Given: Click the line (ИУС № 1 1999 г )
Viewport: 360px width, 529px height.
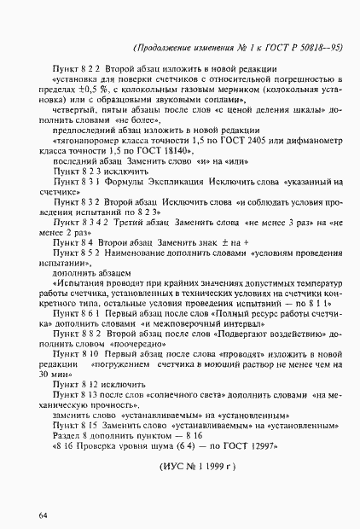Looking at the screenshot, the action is tap(196, 468).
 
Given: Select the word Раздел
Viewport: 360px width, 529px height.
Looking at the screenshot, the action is tap(68, 434).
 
